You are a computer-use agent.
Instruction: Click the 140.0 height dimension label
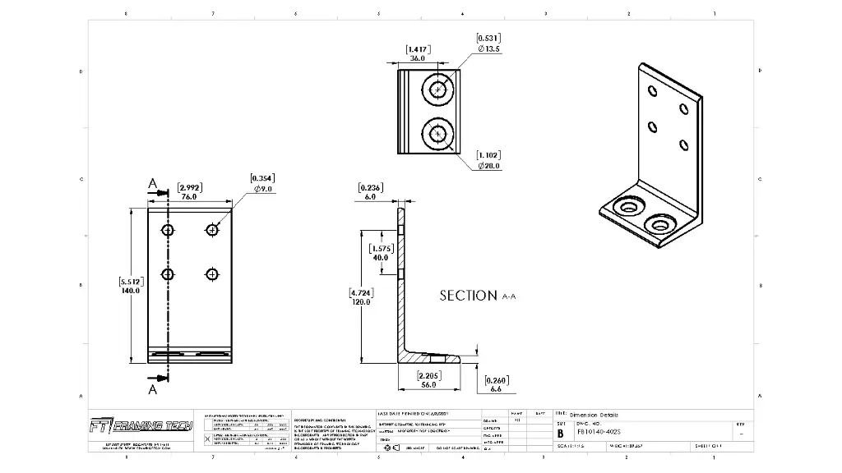point(131,291)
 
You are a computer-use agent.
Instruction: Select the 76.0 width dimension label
point(189,197)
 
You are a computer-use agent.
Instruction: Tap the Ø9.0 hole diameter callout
point(263,189)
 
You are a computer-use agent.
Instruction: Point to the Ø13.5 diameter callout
point(489,49)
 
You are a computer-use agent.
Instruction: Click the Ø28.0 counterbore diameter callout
point(489,166)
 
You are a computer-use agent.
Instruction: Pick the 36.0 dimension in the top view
point(418,59)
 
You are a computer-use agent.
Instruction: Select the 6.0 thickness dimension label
point(370,197)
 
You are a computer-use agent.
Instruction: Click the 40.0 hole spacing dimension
point(380,258)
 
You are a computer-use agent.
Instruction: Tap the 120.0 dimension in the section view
point(359,301)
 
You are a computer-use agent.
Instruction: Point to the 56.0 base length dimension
point(428,384)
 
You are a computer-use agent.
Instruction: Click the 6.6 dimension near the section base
point(495,389)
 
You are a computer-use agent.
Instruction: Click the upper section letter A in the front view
point(152,185)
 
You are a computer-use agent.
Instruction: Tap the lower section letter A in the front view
point(152,389)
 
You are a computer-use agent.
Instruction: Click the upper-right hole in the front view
point(213,230)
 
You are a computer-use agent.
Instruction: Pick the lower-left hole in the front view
point(168,273)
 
